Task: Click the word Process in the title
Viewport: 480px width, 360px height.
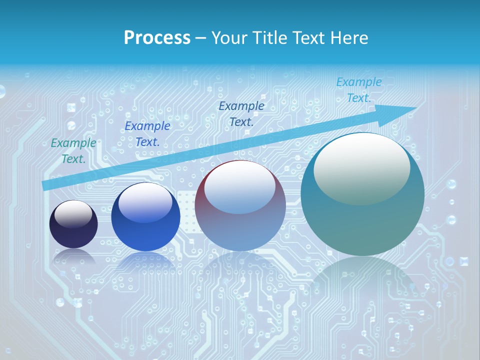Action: tap(157, 38)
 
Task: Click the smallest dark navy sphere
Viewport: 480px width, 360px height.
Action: tap(73, 224)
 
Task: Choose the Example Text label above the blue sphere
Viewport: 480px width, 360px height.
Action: tap(147, 134)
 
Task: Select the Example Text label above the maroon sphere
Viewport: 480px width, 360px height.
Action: tap(241, 114)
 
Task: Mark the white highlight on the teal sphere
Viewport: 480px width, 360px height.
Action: tap(361, 167)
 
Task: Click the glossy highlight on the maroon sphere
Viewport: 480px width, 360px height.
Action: tap(239, 187)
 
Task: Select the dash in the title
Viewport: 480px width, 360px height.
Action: tap(201, 38)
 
